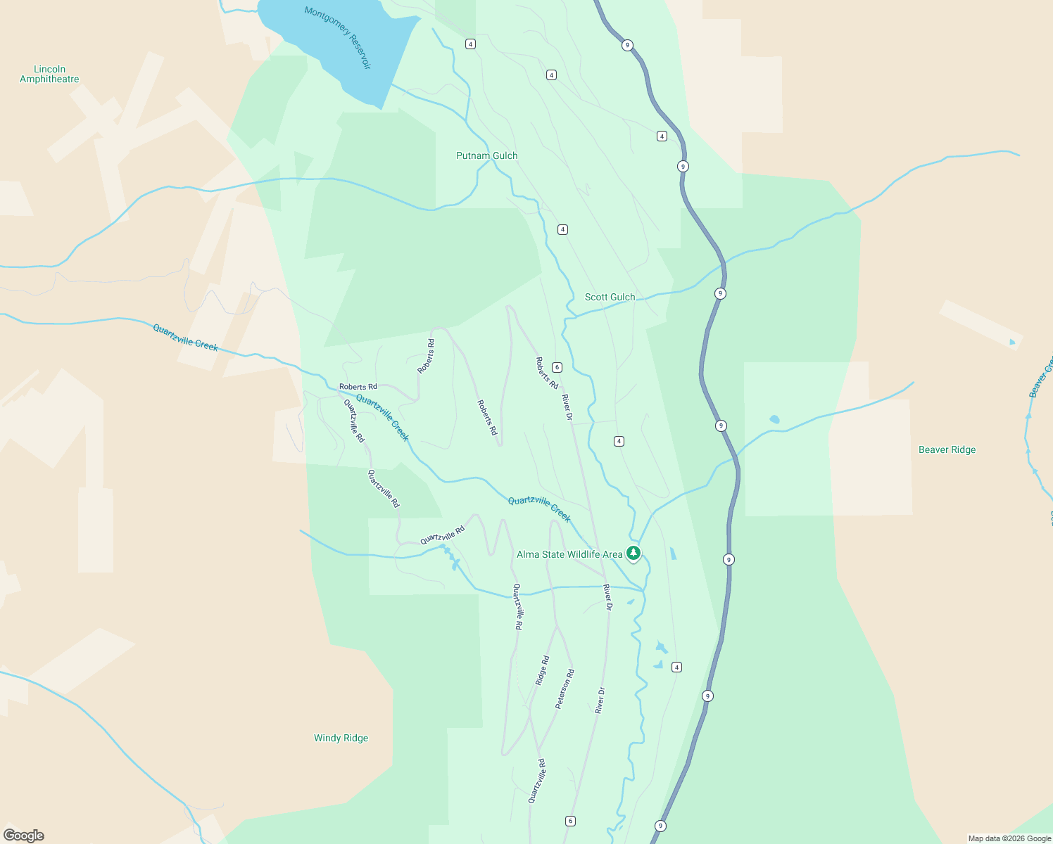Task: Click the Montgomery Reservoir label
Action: click(x=338, y=37)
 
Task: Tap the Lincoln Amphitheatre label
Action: click(x=49, y=74)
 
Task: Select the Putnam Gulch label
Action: click(x=486, y=155)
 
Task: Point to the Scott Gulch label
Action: click(x=610, y=297)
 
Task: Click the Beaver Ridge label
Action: click(x=947, y=449)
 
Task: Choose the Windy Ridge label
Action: click(x=341, y=738)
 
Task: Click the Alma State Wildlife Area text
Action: click(x=569, y=554)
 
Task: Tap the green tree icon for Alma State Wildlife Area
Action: click(x=633, y=553)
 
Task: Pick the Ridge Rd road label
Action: click(x=542, y=670)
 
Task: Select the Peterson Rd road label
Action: click(x=565, y=689)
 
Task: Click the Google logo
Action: click(x=24, y=836)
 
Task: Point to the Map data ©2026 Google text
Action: click(x=1009, y=838)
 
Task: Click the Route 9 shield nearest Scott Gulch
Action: click(x=720, y=293)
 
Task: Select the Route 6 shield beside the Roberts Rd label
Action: click(x=557, y=367)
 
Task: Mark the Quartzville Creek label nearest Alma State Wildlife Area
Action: click(x=539, y=509)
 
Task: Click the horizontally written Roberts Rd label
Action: click(x=358, y=387)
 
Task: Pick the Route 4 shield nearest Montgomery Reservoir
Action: click(x=470, y=44)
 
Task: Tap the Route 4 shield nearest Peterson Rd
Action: click(x=676, y=667)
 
